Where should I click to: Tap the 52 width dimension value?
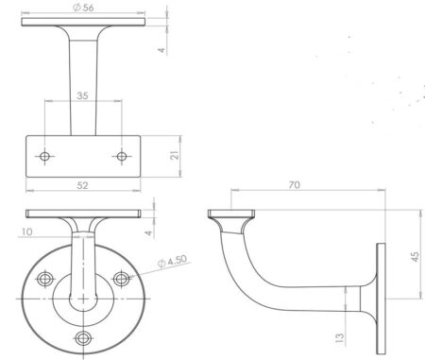82,185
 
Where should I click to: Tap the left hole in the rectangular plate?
44,154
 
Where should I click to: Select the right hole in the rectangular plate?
121,154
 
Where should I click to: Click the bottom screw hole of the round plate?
83,338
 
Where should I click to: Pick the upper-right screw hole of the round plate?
121,279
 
